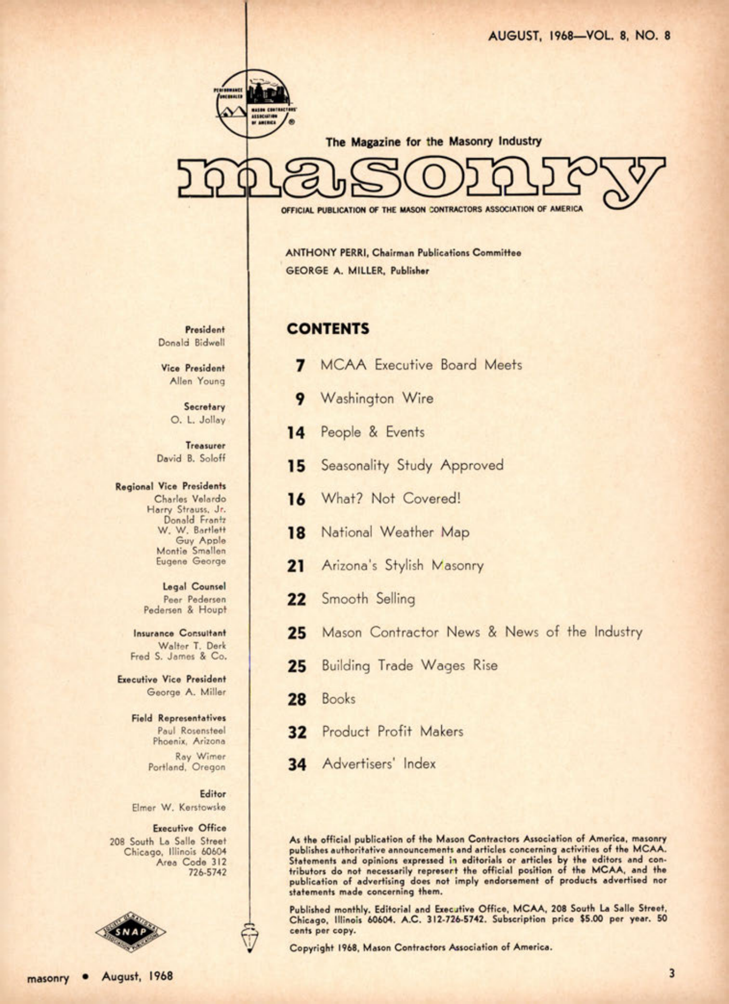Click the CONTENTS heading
point(328,329)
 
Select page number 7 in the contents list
point(301,366)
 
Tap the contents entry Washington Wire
point(377,399)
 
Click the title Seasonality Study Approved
point(412,465)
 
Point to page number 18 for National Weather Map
point(296,533)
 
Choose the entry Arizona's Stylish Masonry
point(402,565)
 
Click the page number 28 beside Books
point(296,699)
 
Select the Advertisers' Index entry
point(379,764)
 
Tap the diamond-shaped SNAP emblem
point(130,932)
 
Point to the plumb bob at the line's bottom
point(250,937)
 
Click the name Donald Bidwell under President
point(191,343)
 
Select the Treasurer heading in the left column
point(205,445)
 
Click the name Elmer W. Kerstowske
point(178,807)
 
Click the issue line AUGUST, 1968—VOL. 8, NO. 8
point(579,36)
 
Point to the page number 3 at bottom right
point(671,973)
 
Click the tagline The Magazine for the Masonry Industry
point(433,141)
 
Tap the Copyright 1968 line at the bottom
point(420,948)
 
